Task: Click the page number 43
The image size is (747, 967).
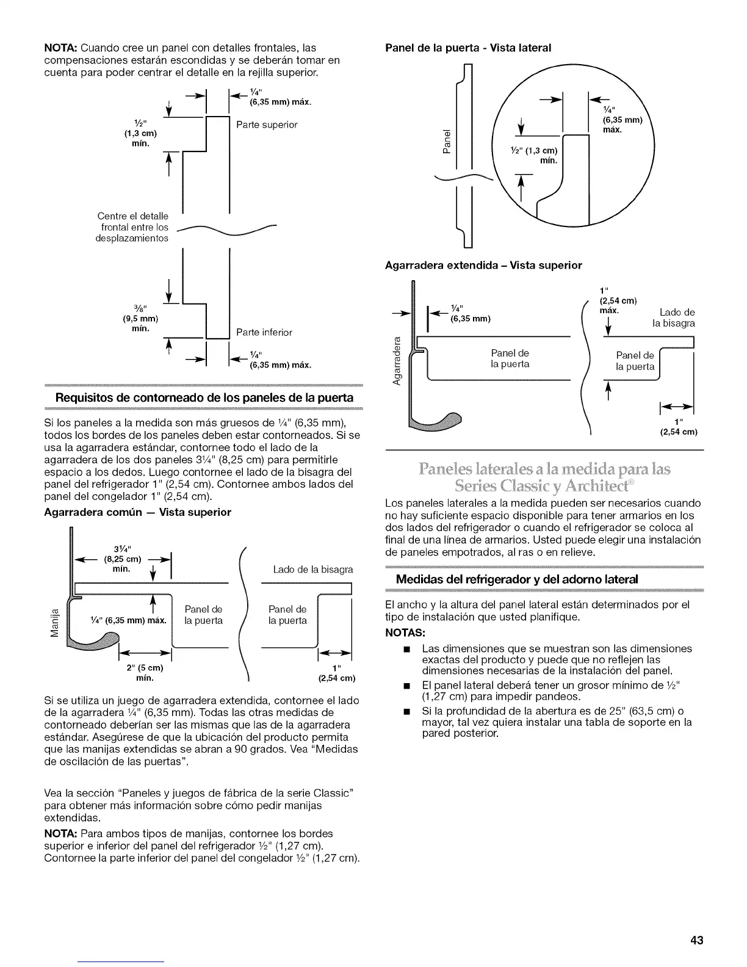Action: pyautogui.click(x=697, y=940)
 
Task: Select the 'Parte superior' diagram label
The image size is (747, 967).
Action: pyautogui.click(x=267, y=125)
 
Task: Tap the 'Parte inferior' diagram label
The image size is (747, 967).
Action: pyautogui.click(x=264, y=332)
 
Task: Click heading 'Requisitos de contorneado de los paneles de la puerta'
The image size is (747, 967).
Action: pyautogui.click(x=204, y=398)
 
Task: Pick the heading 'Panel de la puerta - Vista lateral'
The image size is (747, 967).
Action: pyautogui.click(x=468, y=47)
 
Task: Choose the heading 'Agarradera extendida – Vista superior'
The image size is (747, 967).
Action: pyautogui.click(x=483, y=265)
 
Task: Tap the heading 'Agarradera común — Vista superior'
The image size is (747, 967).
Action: pyautogui.click(x=138, y=512)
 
